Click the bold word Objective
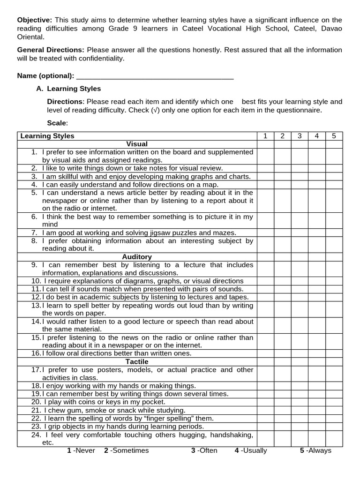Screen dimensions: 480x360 [x=35, y=20]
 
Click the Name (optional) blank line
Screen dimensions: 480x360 [x=155, y=76]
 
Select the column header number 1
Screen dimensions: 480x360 [x=265, y=136]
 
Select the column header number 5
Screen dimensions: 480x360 [x=334, y=136]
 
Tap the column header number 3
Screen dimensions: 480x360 [x=300, y=136]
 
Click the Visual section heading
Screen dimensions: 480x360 [x=137, y=144]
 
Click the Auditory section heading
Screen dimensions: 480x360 [x=137, y=257]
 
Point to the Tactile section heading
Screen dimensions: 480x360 [x=137, y=362]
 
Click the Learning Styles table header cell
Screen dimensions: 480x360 [x=47, y=136]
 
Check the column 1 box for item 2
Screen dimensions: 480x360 [x=265, y=168]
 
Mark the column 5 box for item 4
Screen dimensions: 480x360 [x=334, y=185]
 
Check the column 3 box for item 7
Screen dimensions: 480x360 [x=300, y=232]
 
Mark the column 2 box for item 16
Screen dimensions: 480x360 [x=282, y=353]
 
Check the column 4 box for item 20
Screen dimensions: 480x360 [x=317, y=402]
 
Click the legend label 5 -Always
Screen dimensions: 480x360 [x=315, y=450]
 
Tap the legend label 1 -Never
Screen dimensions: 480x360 [x=81, y=450]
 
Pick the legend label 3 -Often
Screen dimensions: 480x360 [x=204, y=450]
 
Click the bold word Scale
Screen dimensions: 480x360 [x=57, y=123]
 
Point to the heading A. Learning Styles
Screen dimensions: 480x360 [x=68, y=89]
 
